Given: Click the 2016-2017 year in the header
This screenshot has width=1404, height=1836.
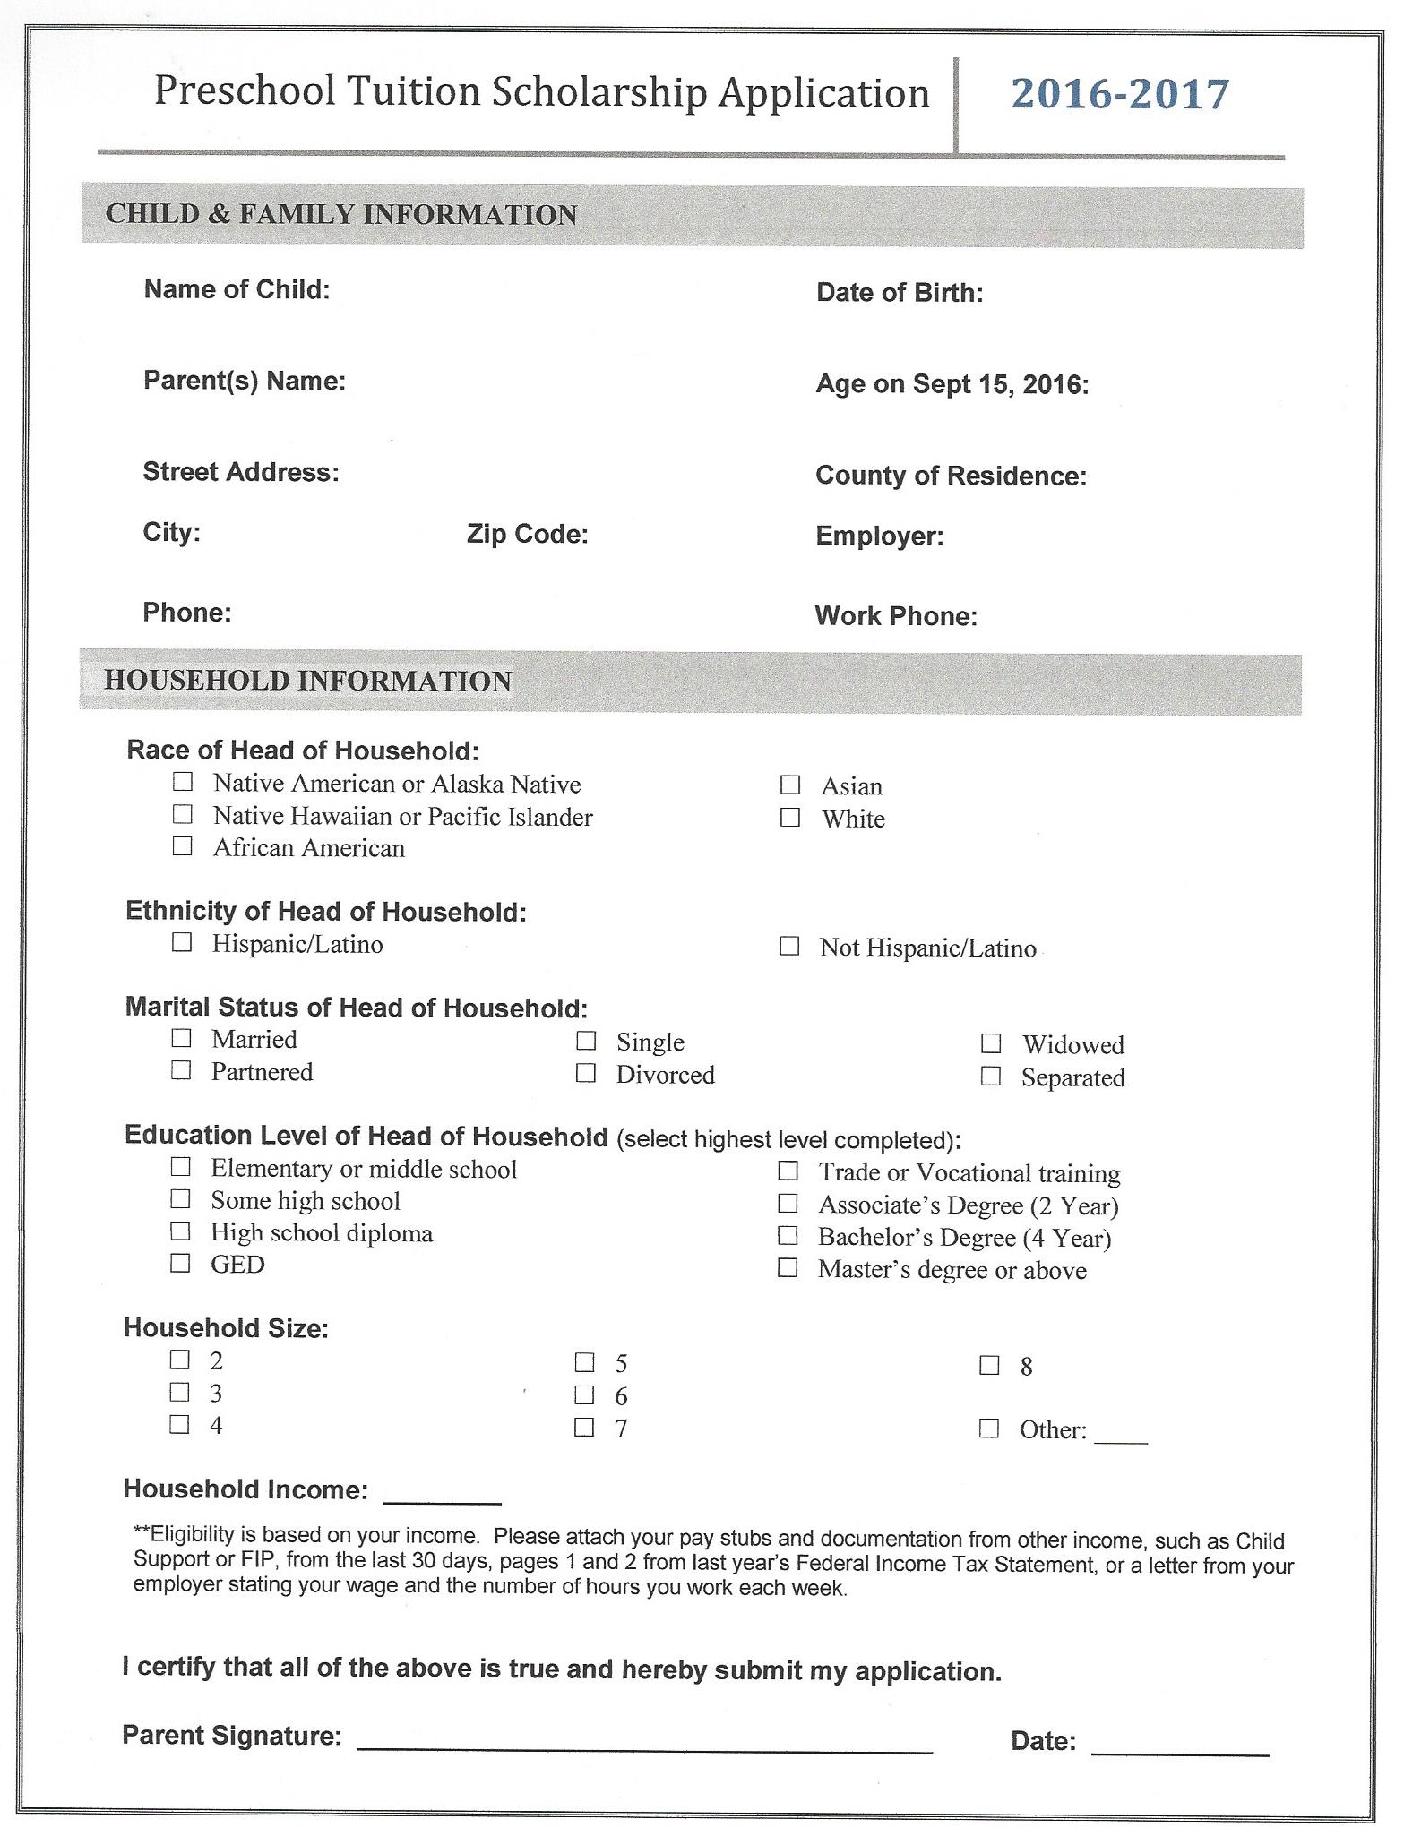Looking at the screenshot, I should point(1120,94).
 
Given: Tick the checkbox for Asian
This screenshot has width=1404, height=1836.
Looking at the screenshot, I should point(789,785).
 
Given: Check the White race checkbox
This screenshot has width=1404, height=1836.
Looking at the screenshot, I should point(789,818).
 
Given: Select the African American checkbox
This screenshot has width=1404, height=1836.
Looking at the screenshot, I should point(182,846).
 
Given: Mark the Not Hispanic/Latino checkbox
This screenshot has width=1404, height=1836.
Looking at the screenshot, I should point(789,947).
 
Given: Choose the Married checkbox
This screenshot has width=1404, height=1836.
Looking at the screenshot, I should point(181,1038).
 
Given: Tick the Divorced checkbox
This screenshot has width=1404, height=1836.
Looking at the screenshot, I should point(585,1073).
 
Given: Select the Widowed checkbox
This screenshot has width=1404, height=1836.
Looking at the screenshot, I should point(990,1043).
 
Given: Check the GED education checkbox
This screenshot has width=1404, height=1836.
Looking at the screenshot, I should point(180,1263).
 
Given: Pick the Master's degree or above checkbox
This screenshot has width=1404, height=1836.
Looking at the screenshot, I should point(788,1268).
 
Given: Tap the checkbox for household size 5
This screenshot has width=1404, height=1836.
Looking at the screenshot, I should point(584,1363).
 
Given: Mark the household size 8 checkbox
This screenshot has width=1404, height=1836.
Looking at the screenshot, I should point(989,1366).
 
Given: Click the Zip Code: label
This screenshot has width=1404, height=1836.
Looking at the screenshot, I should point(527,535).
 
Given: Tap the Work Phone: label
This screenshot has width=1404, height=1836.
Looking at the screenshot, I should point(896,616).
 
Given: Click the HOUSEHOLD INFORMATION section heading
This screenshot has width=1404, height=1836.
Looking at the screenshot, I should point(307,681).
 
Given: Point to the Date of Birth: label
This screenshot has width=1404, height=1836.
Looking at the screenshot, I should point(900,293).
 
